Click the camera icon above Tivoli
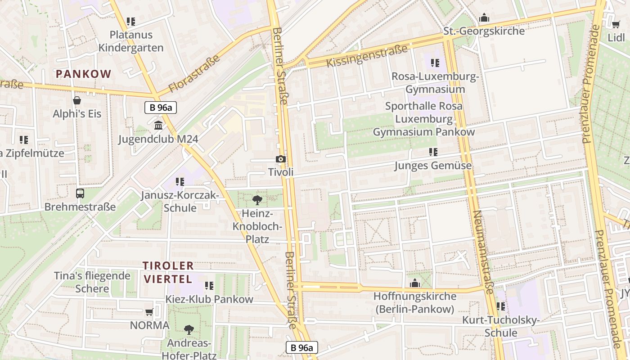280,159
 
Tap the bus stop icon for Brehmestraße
80,193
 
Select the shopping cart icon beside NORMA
149,312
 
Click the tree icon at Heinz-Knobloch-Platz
257,200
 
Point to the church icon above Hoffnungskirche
414,283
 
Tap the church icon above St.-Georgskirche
484,18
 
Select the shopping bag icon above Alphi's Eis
77,100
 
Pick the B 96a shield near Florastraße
160,108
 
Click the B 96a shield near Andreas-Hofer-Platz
302,347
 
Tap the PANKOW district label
83,74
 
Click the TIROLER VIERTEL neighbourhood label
168,272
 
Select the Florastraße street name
194,73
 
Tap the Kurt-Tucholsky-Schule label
501,326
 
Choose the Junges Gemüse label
433,166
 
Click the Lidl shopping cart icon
616,24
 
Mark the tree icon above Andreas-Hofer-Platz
189,330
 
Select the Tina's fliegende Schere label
92,282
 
